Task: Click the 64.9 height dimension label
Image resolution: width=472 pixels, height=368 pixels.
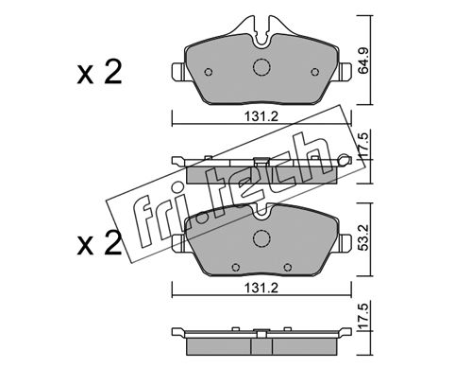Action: [363, 61]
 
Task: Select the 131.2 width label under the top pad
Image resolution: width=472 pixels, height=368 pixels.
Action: [261, 116]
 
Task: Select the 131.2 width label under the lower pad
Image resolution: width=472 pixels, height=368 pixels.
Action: [261, 288]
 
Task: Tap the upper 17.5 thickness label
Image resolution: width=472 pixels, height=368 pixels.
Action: [363, 144]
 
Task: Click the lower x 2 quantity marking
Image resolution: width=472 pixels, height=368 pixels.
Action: [99, 243]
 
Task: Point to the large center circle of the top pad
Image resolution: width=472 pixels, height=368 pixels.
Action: [261, 67]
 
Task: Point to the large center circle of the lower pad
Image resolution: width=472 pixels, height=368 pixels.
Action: [261, 238]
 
